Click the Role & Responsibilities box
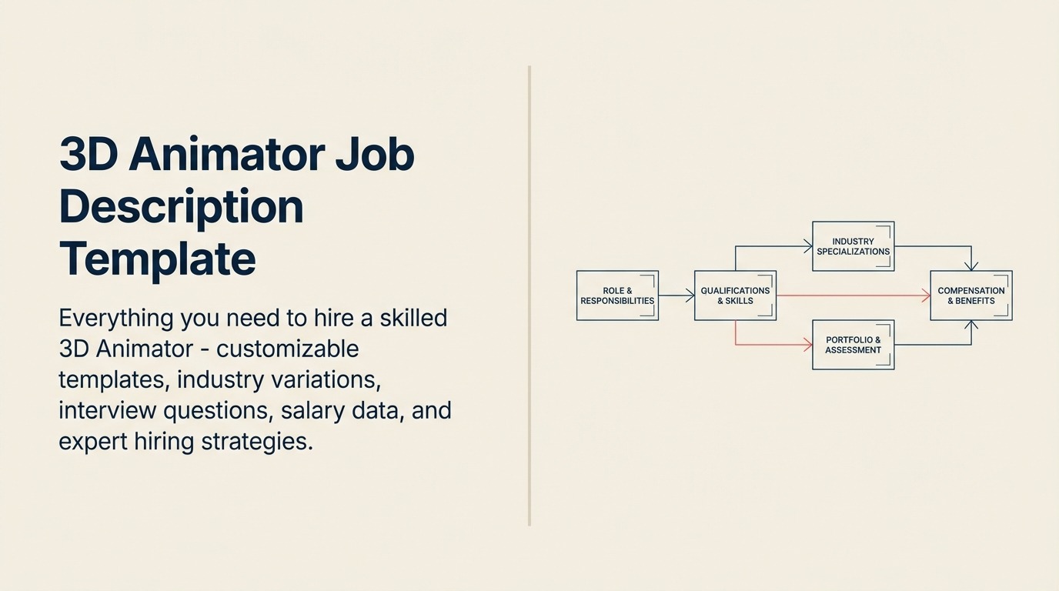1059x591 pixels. [617, 295]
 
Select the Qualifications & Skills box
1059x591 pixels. [735, 295]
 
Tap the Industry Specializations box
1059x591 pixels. [853, 246]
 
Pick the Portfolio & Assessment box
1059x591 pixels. [853, 345]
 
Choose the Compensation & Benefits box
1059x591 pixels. [970, 295]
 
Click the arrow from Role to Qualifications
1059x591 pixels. [676, 295]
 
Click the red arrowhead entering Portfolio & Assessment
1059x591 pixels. [808, 345]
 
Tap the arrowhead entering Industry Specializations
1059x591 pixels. [808, 246]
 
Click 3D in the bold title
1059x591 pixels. [88, 155]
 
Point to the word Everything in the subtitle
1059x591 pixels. [115, 318]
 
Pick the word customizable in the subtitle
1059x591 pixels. [287, 349]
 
